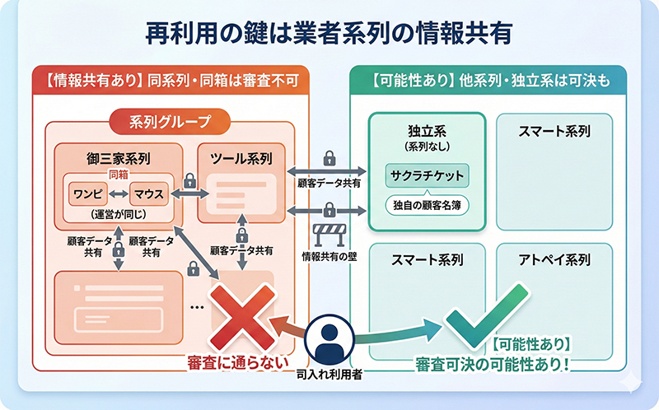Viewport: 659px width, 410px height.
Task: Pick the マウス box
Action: coord(148,194)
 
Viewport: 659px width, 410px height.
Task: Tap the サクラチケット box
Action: coord(425,175)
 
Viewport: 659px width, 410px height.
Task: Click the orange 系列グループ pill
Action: coord(171,123)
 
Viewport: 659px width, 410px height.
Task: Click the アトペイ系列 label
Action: coord(554,259)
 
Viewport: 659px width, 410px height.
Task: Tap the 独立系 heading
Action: coord(426,131)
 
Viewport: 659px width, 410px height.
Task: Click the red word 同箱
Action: coord(119,175)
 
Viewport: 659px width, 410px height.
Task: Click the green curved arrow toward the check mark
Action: coord(395,339)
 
